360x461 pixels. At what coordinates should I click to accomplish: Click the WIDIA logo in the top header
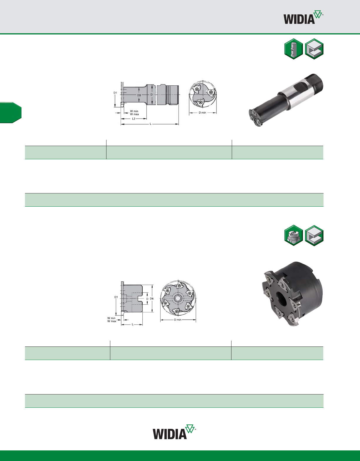point(303,17)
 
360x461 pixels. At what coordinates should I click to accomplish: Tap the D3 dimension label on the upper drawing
point(139,95)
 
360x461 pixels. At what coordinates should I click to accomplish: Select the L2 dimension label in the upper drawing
point(134,119)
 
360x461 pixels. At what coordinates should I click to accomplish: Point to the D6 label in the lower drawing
point(152,299)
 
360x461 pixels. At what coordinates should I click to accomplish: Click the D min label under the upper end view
point(202,113)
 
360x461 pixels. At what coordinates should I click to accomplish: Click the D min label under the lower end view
point(178,320)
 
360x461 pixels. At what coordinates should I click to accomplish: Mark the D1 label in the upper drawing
point(115,93)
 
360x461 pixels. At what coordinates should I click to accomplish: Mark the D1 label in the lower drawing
point(116,297)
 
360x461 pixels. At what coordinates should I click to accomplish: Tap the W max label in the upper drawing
point(134,114)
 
